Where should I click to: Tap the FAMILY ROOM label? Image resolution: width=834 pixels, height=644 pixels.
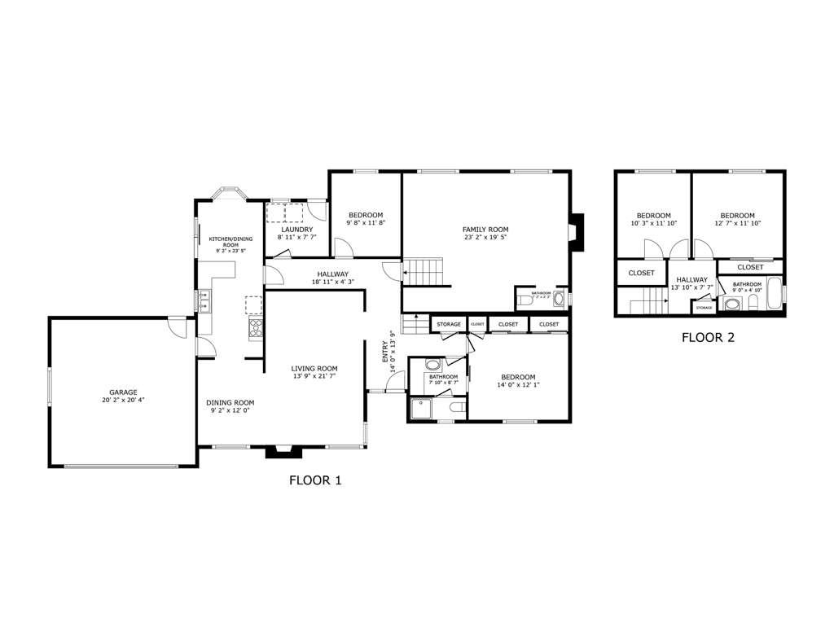(x=485, y=229)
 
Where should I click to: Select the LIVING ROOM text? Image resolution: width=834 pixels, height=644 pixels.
(x=314, y=368)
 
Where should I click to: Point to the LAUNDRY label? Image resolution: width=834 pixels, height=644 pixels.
(x=296, y=230)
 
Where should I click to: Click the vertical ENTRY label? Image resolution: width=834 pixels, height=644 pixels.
(x=385, y=353)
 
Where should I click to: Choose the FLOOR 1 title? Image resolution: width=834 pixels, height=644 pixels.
(x=315, y=480)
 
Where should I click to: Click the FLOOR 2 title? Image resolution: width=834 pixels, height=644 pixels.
(x=708, y=337)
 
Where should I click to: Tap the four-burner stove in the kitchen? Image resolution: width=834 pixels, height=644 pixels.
(x=256, y=328)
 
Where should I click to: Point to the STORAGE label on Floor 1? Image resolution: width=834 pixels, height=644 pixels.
(x=448, y=325)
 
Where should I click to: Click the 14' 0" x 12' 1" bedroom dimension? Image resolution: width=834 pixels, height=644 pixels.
(x=518, y=385)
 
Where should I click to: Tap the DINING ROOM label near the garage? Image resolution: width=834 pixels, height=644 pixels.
(x=230, y=402)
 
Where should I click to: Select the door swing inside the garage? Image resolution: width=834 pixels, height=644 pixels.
(x=176, y=325)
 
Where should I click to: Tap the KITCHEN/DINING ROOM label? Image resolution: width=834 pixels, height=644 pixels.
(x=230, y=242)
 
